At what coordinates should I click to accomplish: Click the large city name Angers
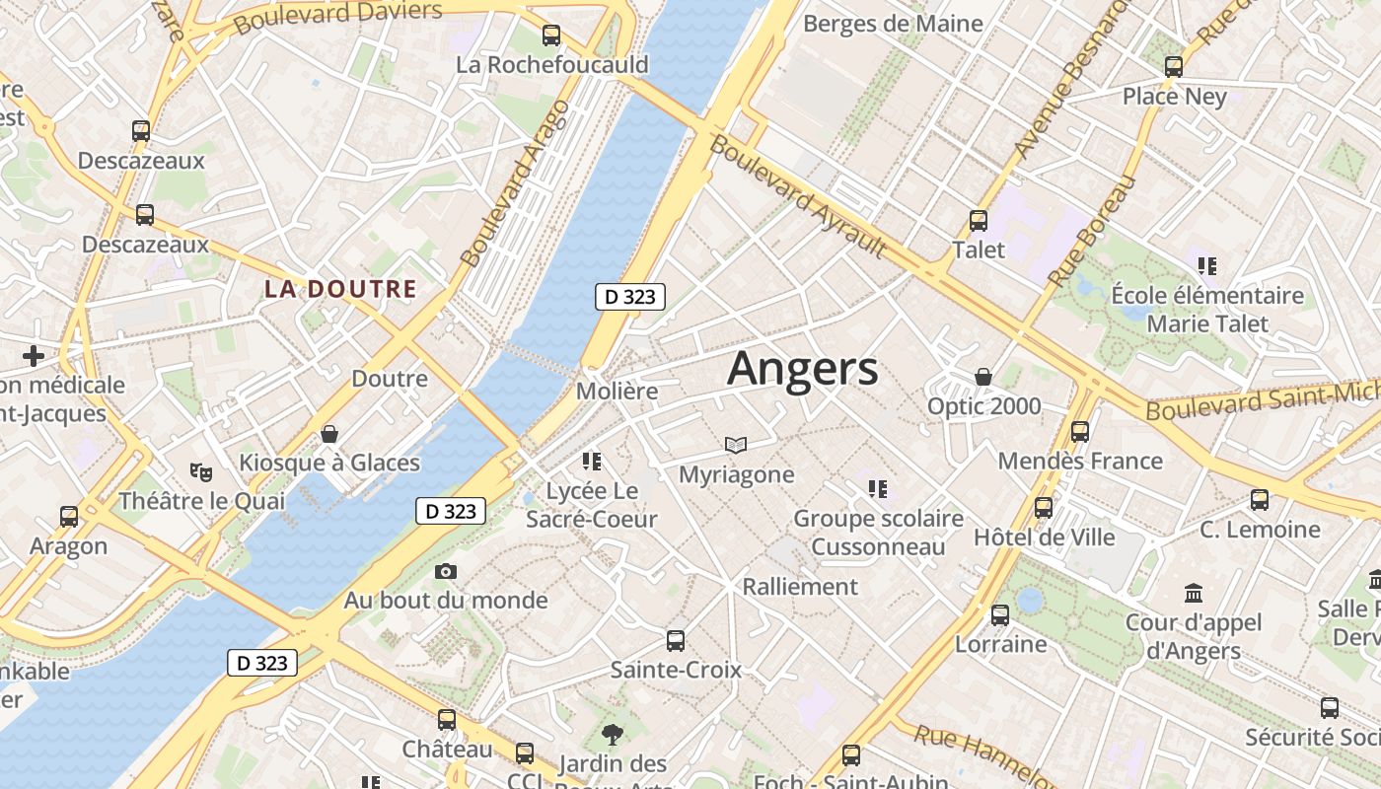(802, 369)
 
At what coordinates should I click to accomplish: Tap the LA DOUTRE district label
(340, 289)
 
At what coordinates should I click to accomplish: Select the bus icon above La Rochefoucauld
(551, 36)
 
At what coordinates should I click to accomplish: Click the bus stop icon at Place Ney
(1173, 67)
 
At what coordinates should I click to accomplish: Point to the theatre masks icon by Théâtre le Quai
(202, 472)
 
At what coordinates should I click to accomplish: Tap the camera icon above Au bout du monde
(446, 571)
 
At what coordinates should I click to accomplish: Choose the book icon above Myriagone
(736, 445)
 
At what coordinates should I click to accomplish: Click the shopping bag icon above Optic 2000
(983, 377)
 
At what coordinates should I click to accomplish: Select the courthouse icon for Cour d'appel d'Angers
(1194, 594)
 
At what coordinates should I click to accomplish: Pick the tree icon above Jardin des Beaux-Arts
(613, 734)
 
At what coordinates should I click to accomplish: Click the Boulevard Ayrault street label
(797, 195)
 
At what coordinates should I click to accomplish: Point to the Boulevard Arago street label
(515, 183)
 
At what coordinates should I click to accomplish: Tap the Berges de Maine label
(893, 24)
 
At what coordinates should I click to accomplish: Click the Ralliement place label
(800, 587)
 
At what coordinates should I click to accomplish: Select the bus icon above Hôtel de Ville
(1044, 508)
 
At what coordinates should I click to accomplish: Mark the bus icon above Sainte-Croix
(676, 641)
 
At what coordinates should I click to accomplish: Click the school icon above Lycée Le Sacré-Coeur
(592, 461)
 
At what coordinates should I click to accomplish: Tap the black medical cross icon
(34, 355)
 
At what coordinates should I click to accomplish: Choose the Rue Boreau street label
(1092, 232)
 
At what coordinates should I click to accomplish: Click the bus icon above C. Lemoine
(1260, 500)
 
